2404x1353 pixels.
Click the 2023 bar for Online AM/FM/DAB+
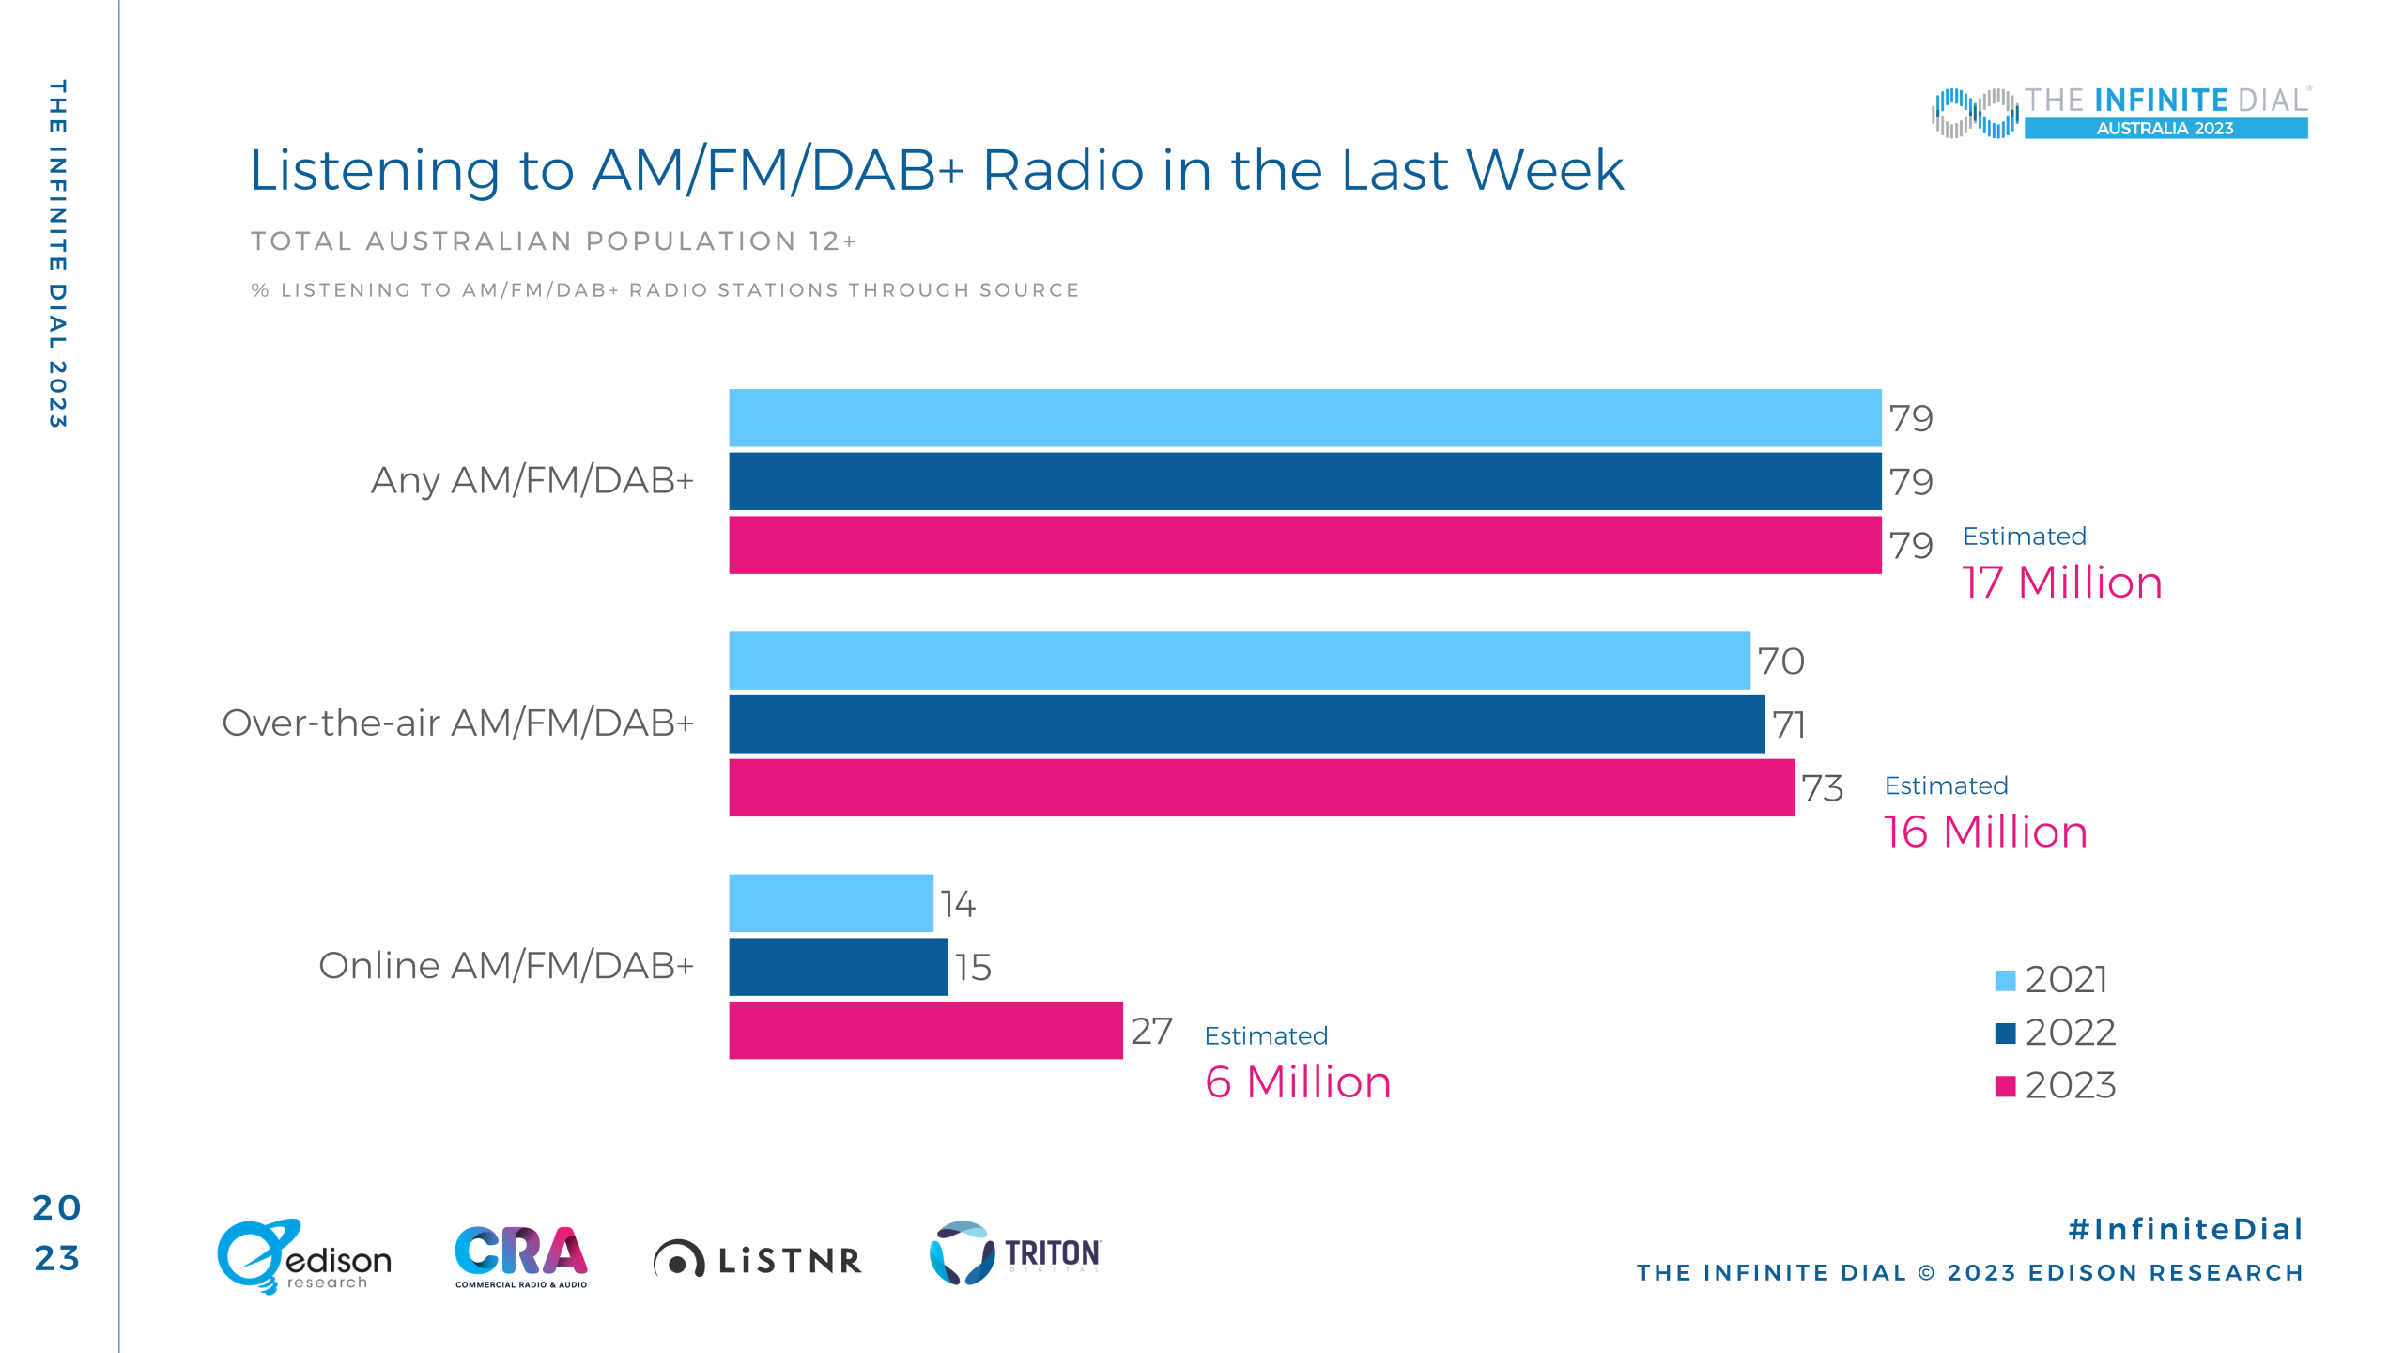926,1030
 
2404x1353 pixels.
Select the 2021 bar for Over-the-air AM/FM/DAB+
1240,661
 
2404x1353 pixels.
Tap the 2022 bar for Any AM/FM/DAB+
1305,481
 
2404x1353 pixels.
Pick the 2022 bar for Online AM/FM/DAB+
839,967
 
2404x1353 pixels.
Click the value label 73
1823,788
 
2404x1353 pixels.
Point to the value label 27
1152,1031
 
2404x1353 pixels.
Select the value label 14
959,904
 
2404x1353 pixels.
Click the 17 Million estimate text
2062,583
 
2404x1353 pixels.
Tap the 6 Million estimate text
1298,1082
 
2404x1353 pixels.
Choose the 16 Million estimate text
1985,832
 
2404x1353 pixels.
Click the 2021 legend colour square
2005,980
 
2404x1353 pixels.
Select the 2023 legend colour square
2005,1086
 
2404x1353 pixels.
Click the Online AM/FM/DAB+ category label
506,966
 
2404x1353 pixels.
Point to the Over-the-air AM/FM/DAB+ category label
458,723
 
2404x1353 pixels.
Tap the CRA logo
521,1257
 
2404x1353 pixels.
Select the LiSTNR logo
757,1259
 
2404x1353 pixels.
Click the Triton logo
1015,1252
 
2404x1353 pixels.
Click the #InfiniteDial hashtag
2186,1229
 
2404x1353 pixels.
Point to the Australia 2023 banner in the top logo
2165,129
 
